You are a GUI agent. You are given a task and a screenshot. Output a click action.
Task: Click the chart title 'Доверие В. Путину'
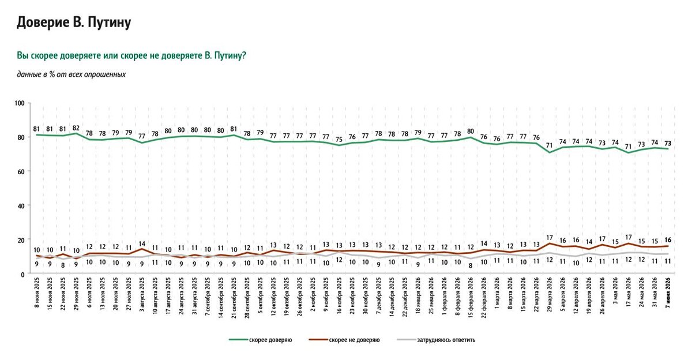coord(74,22)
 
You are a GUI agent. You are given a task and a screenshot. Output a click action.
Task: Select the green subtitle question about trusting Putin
coord(131,55)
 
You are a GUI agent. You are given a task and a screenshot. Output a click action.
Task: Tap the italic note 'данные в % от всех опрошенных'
coord(72,74)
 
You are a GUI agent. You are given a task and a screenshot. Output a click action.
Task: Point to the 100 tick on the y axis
coord(20,103)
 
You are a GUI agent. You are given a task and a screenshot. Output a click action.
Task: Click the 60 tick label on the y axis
coord(21,171)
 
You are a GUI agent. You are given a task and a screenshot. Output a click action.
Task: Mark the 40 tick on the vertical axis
coord(21,205)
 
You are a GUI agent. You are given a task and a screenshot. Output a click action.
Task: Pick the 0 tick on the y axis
coord(22,275)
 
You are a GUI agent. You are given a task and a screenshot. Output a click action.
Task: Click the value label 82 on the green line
coord(76,128)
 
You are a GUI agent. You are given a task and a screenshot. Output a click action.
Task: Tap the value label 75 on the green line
coord(339,140)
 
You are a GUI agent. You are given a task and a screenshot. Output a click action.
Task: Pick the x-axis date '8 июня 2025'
coord(37,291)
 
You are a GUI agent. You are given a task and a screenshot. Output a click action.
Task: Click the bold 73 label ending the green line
coord(668,144)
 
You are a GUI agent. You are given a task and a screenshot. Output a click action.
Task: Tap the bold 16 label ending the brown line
coord(668,240)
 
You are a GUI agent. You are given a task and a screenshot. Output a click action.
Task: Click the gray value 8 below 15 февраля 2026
coord(471,266)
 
